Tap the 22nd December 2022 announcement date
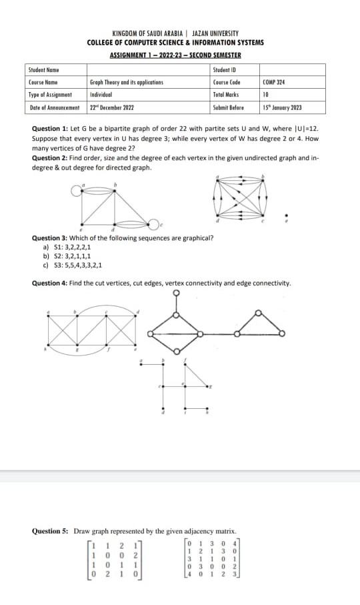tap(111, 107)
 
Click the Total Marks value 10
tap(266, 95)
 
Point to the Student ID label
tap(225, 69)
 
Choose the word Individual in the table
tap(101, 95)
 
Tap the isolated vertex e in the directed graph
tap(287, 215)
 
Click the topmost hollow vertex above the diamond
tap(176, 292)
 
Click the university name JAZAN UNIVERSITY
tap(215, 33)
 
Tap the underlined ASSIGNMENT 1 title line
tap(175, 55)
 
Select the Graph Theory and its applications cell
tap(126, 82)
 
